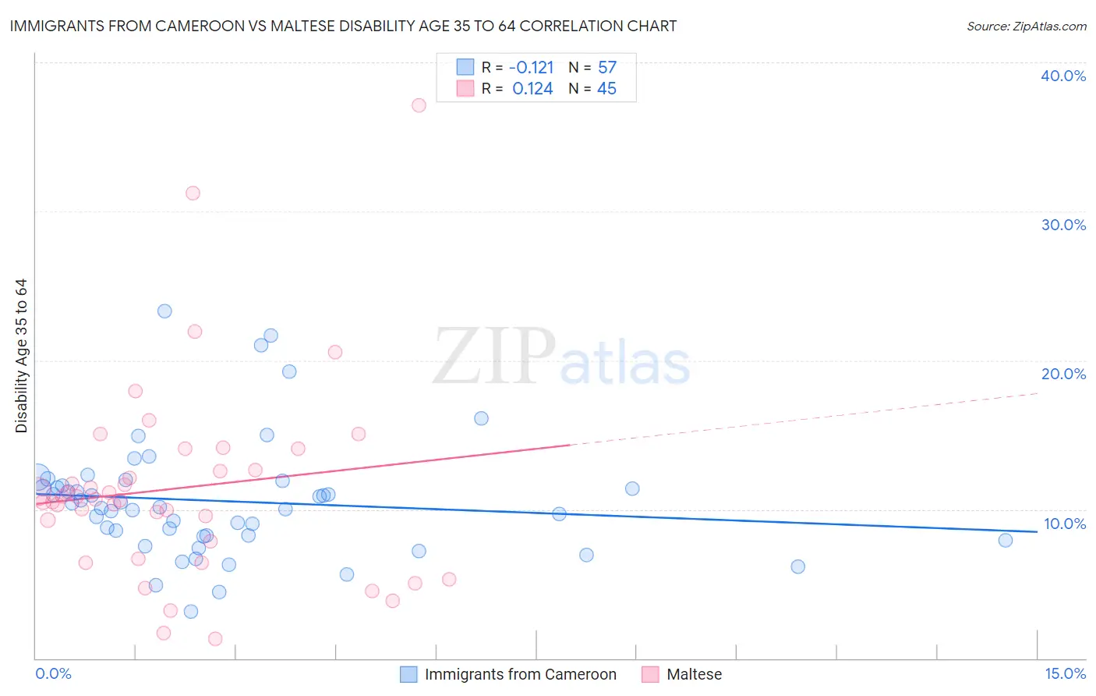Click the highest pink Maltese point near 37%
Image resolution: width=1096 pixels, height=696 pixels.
click(419, 105)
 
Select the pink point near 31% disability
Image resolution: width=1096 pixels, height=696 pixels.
click(193, 193)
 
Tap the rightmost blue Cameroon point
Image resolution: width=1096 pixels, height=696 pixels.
click(1005, 540)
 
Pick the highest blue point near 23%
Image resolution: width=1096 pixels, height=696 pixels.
click(164, 311)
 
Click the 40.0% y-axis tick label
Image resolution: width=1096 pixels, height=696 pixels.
click(1062, 76)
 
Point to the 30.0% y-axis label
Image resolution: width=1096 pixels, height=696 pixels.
click(1062, 225)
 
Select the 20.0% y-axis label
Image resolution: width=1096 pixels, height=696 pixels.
click(1062, 374)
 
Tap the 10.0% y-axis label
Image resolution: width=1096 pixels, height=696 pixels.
click(1064, 524)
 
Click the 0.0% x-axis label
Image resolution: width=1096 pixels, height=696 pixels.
click(53, 673)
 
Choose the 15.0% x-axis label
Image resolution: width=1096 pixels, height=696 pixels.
click(1064, 673)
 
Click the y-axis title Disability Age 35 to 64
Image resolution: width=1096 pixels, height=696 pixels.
click(21, 356)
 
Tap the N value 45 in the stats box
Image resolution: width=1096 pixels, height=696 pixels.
click(606, 89)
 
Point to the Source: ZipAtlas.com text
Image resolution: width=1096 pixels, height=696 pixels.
click(1026, 26)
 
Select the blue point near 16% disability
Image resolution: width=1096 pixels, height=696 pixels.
click(481, 418)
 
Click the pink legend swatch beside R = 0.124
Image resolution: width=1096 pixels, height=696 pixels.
click(465, 88)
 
